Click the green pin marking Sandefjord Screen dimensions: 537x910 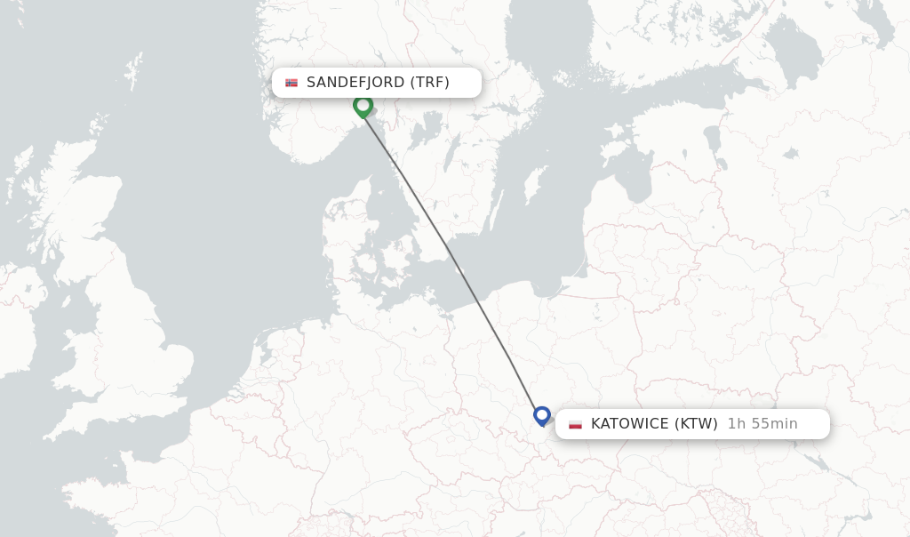coord(363,105)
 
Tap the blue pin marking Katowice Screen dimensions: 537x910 coord(542,414)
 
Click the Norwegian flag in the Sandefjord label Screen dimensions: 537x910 coord(291,83)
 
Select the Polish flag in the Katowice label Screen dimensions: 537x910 coord(575,424)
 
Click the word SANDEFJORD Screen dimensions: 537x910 coord(355,83)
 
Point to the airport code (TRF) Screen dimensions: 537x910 coord(429,83)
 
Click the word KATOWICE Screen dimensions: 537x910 coord(629,424)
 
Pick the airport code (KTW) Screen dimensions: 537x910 coord(696,424)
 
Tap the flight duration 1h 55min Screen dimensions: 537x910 coord(762,424)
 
